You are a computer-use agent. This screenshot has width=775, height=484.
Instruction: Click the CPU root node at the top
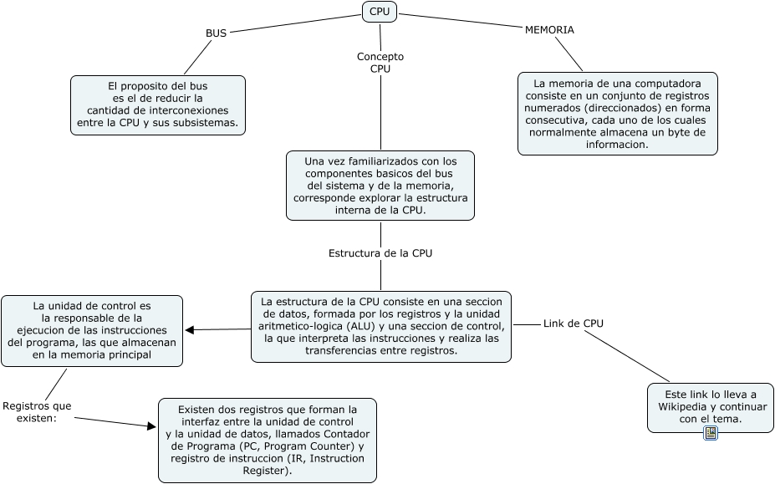point(380,11)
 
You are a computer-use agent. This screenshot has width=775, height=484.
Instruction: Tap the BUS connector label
point(216,33)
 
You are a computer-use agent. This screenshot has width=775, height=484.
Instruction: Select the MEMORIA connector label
point(549,29)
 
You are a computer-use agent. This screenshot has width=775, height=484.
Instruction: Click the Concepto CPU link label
point(380,63)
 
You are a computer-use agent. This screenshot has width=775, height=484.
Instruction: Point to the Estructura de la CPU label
point(380,252)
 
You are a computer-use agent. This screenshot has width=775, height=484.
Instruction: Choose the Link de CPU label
point(574,323)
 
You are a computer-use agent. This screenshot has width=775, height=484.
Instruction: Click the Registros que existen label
point(37,412)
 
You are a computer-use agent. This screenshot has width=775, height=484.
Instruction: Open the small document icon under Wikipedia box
point(711,433)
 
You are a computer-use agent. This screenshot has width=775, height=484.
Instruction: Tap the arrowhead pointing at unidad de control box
point(190,329)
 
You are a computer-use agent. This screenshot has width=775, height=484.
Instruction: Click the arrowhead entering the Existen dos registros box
point(152,427)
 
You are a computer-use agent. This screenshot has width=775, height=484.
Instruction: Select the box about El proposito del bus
point(158,104)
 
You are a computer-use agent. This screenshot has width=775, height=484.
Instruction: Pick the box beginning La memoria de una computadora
point(618,114)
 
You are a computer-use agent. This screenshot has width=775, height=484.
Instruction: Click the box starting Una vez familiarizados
point(380,185)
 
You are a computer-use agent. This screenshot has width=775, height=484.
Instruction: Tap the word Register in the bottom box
point(268,471)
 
